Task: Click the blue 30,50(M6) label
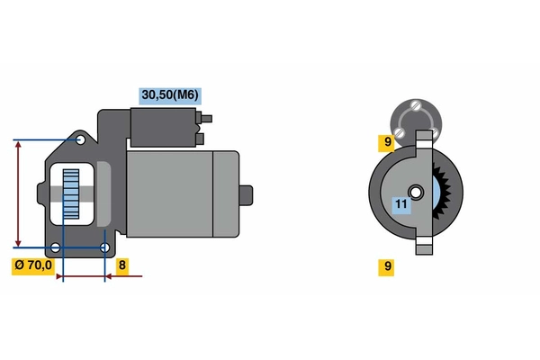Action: [x=170, y=96]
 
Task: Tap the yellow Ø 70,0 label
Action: [x=33, y=266]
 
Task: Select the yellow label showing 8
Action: [x=122, y=266]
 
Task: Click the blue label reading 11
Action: [x=401, y=205]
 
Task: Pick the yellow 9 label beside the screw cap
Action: [x=386, y=143]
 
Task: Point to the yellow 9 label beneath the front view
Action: [x=386, y=267]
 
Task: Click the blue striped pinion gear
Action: [x=71, y=194]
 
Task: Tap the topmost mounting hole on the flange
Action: [x=81, y=139]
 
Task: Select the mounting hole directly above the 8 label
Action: [x=104, y=247]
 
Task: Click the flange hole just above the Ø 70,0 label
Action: [x=56, y=247]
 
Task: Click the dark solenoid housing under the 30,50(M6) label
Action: [x=163, y=128]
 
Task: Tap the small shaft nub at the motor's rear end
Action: [x=247, y=195]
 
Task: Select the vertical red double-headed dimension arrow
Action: [x=18, y=193]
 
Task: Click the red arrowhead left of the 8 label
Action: [x=109, y=276]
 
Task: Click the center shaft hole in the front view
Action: [x=416, y=193]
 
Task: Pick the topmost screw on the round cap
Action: [x=416, y=104]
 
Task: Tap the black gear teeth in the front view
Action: [x=442, y=192]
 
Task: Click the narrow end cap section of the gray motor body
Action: [x=226, y=194]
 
